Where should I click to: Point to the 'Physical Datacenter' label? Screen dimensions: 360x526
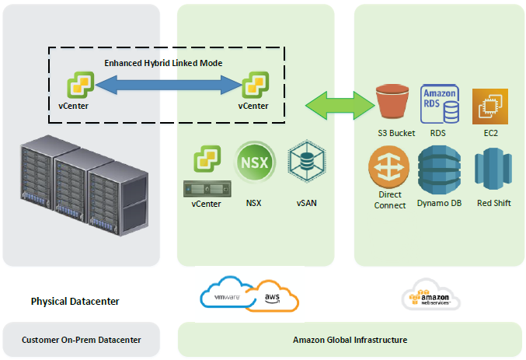pos(75,301)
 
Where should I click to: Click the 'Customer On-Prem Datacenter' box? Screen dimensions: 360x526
pos(81,340)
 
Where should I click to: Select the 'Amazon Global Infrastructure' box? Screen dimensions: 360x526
pos(350,340)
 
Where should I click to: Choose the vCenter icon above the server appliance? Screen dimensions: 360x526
pos(207,163)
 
